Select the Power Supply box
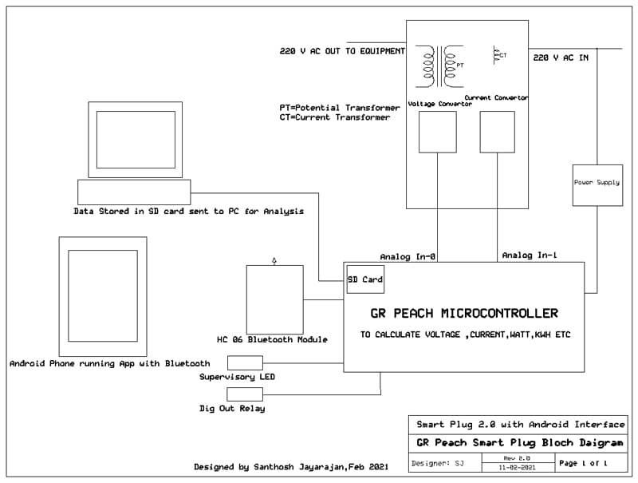pyautogui.click(x=597, y=184)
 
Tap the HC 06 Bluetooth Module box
pyautogui.click(x=274, y=299)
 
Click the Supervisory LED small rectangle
pyautogui.click(x=245, y=362)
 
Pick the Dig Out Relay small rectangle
pyautogui.click(x=245, y=394)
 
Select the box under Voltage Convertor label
pyautogui.click(x=437, y=132)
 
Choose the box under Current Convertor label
pyautogui.click(x=498, y=132)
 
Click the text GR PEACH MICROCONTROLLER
pyautogui.click(x=464, y=313)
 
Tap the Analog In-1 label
pyautogui.click(x=530, y=255)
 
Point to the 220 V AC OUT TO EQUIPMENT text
pyautogui.click(x=342, y=50)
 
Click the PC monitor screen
pyautogui.click(x=136, y=140)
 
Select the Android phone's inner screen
pyautogui.click(x=103, y=296)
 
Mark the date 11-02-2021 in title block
pyautogui.click(x=518, y=467)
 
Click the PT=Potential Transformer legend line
pyautogui.click(x=339, y=108)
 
